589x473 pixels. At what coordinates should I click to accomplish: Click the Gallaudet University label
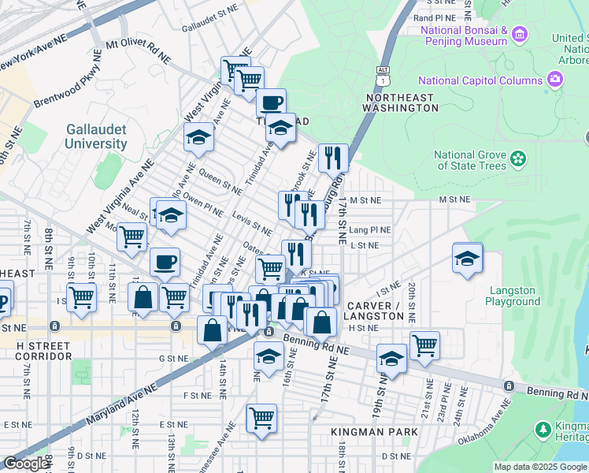(x=96, y=137)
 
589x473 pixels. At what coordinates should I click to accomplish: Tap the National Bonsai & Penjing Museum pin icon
(x=519, y=34)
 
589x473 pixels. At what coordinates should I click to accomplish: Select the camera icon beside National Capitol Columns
(x=556, y=80)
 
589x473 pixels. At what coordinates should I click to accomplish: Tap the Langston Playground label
(x=513, y=296)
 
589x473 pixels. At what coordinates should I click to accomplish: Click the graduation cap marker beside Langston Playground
(x=467, y=259)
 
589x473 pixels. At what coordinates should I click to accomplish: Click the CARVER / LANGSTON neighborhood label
(x=376, y=311)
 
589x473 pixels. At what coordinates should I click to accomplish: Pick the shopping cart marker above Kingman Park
(x=261, y=417)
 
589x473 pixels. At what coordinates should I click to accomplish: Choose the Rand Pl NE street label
(x=435, y=17)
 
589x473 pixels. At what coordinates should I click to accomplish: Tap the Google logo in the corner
(x=25, y=464)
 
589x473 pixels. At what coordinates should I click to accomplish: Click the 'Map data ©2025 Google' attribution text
(x=540, y=467)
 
